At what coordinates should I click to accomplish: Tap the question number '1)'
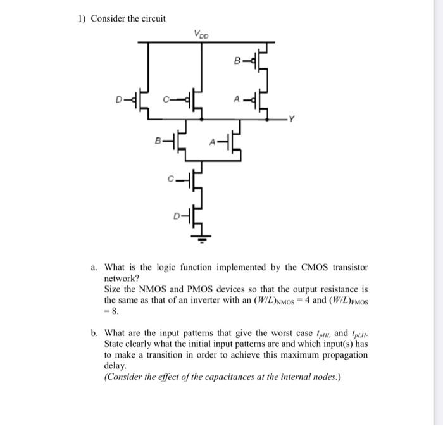point(81,18)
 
